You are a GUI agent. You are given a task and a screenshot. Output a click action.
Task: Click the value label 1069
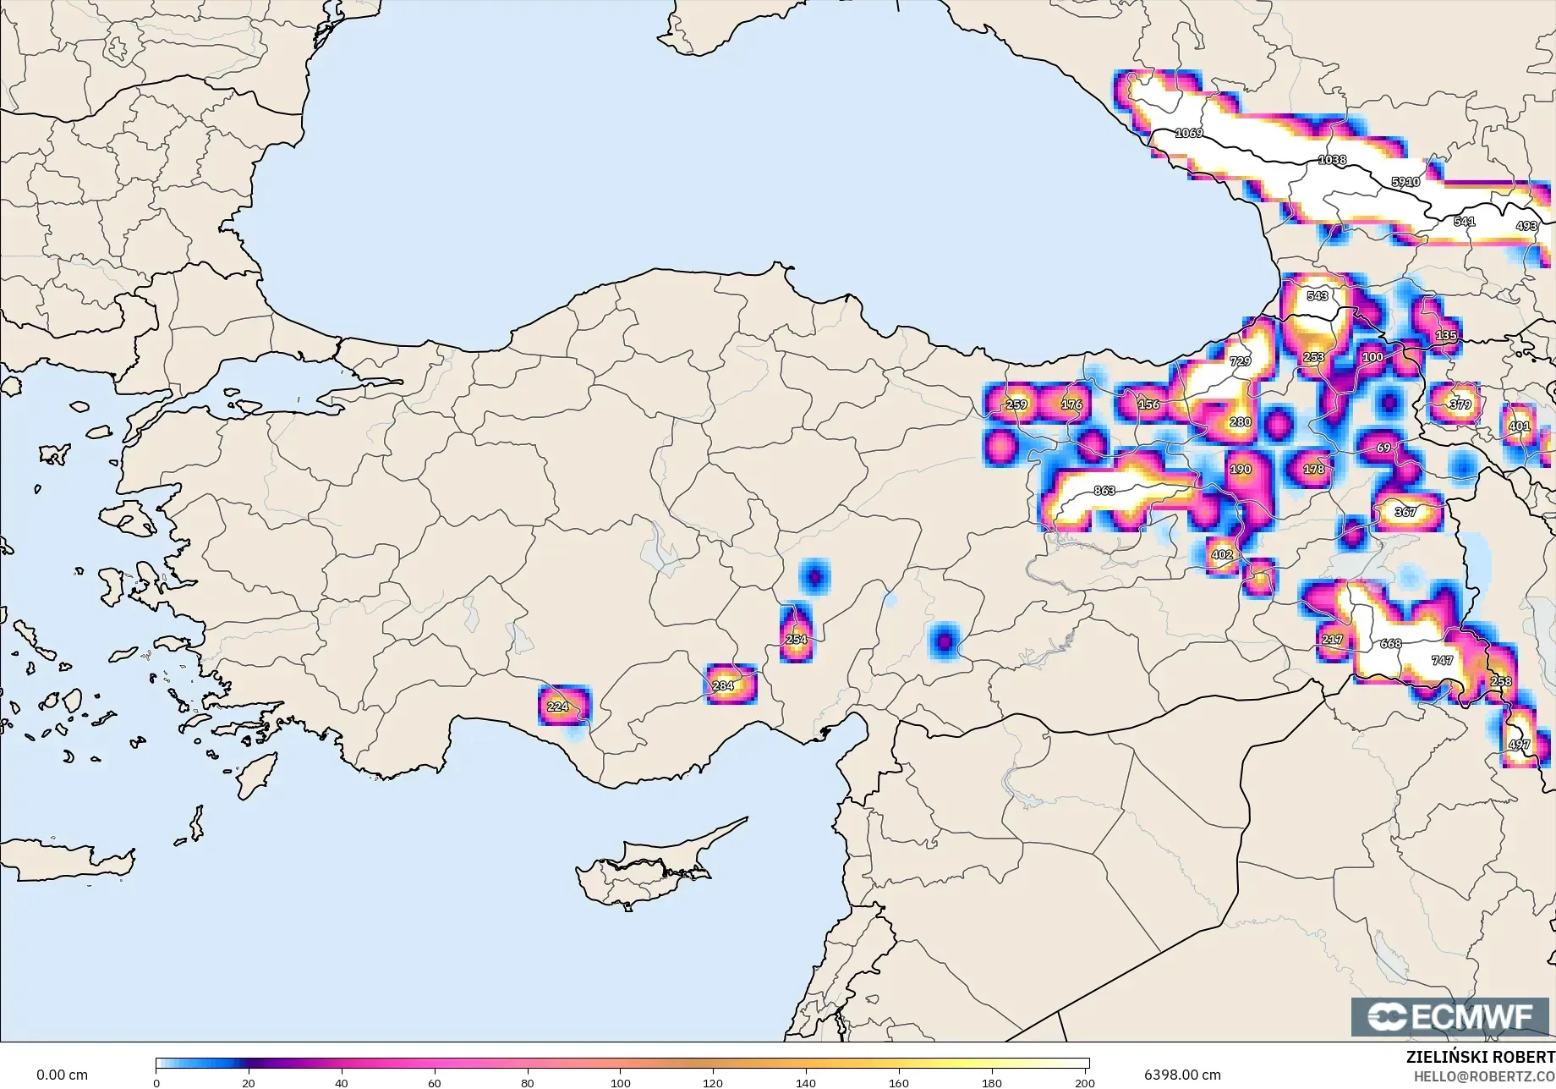point(1189,133)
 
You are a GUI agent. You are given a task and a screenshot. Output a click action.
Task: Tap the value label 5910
point(1405,182)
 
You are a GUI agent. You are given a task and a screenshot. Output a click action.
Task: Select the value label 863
point(1104,491)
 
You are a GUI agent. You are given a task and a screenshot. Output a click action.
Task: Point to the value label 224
point(557,707)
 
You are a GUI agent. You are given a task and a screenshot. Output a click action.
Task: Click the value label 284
point(723,685)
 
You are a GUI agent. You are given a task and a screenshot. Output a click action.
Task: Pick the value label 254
point(796,639)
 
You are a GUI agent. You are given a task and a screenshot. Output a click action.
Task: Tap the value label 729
point(1240,361)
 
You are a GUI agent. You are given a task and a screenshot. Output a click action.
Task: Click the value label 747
point(1442,660)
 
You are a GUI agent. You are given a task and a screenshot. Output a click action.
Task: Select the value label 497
point(1519,745)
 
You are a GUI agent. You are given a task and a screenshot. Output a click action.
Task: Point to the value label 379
point(1460,404)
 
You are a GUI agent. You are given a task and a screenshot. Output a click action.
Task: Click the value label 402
point(1221,555)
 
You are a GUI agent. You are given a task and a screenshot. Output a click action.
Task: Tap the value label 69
point(1383,448)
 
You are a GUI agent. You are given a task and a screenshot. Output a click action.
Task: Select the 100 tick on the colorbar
point(621,1082)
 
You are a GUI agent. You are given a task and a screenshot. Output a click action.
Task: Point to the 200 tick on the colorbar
point(1085,1082)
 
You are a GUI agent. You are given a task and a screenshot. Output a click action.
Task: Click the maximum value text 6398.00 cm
point(1182,1075)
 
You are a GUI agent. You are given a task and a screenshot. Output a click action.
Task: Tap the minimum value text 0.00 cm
point(62,1075)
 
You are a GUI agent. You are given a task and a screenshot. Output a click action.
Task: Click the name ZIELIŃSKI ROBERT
point(1480,1057)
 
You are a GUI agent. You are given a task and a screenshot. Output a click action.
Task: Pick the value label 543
point(1318,295)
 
